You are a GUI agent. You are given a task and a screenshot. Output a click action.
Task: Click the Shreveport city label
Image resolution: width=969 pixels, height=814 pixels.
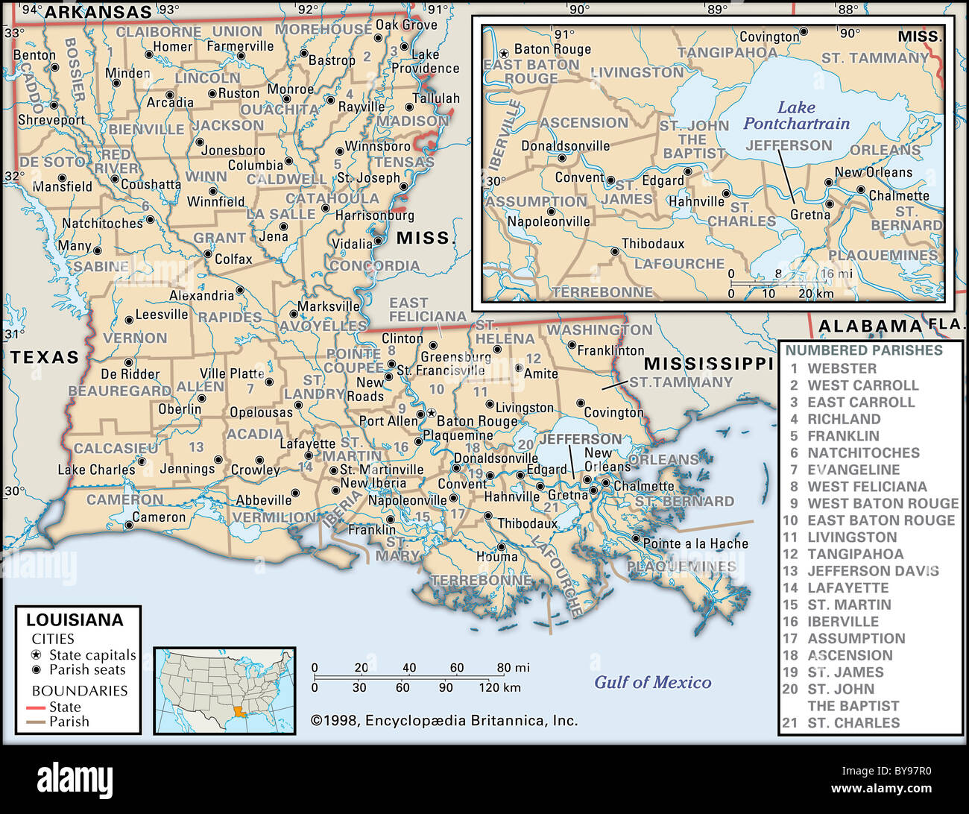51,119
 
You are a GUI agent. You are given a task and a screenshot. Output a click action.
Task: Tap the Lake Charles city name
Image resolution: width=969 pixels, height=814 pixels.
96,470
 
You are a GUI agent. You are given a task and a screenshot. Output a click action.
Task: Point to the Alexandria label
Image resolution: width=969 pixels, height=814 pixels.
201,295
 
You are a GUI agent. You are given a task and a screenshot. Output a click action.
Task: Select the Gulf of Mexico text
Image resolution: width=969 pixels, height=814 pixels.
652,682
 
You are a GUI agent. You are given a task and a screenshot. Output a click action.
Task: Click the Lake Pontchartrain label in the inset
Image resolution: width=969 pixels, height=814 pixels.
796,116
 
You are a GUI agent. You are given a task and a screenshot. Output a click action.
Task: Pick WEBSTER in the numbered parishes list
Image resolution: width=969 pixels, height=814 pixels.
842,368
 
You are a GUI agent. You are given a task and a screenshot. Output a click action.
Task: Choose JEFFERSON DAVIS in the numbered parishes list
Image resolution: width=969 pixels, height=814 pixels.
873,571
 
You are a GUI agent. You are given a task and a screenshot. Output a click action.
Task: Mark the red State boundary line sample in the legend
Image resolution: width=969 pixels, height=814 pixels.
36,707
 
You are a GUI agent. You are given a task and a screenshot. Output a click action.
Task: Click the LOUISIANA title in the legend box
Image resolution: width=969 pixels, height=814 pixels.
75,619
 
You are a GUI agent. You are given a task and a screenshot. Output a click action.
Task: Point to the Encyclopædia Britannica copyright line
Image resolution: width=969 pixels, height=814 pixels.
444,720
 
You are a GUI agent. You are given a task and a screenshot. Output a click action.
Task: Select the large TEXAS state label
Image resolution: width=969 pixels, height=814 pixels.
45,357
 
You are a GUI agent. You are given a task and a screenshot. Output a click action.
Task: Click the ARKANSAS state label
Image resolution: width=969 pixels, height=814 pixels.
98,12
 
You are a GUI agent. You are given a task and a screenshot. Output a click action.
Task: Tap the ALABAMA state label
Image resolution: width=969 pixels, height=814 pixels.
870,326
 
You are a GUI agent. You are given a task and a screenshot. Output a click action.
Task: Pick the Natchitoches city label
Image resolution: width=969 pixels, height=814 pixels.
102,223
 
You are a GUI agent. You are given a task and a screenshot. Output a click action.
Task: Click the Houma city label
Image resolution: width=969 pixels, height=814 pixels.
497,556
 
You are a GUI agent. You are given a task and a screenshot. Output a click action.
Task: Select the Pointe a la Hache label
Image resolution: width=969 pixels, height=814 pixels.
695,543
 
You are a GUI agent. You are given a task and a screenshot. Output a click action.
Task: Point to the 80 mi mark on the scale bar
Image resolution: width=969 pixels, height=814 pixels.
514,668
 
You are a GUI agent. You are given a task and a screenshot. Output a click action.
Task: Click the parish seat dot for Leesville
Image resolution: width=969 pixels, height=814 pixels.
129,320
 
